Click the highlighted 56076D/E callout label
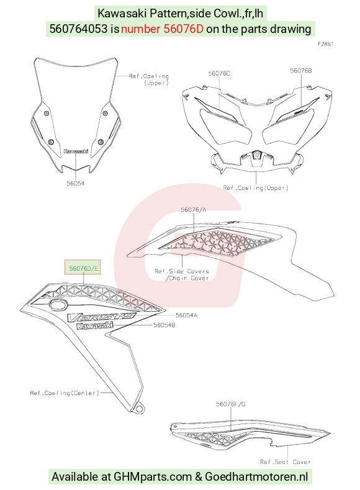(x=83, y=268)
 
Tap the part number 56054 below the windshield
(x=75, y=183)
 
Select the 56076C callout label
(x=219, y=73)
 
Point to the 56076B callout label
(x=300, y=71)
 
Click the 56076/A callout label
(x=194, y=210)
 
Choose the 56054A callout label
(x=186, y=315)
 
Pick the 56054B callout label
(x=164, y=325)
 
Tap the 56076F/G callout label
(x=231, y=404)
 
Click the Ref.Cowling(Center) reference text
(x=65, y=393)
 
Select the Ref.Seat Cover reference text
(x=286, y=461)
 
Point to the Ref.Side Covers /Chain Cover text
(x=182, y=274)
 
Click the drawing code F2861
(x=326, y=44)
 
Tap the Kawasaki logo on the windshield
(x=76, y=152)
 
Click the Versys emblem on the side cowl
(x=102, y=317)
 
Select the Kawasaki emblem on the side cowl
(x=94, y=325)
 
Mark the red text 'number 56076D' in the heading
(x=162, y=29)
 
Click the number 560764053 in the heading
(x=78, y=29)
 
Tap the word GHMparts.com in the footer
(x=153, y=477)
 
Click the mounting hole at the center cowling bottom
(x=138, y=409)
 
